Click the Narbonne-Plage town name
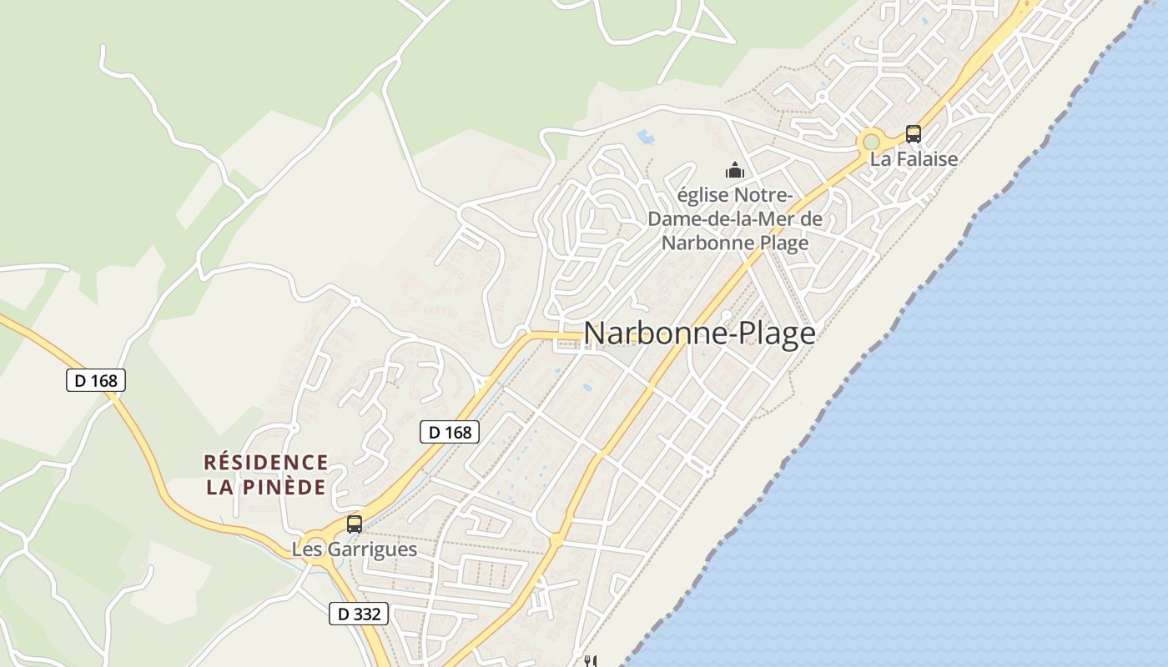click(699, 333)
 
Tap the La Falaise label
click(914, 158)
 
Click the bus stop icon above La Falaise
click(914, 133)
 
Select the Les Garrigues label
click(355, 549)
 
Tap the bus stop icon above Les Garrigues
click(355, 524)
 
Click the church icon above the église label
click(735, 171)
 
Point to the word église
click(703, 196)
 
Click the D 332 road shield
click(359, 614)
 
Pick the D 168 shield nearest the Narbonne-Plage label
click(449, 432)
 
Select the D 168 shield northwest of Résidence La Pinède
click(95, 381)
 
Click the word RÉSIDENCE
click(266, 462)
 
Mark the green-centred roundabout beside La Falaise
click(872, 142)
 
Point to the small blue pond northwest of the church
click(645, 134)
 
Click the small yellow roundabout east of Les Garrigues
click(556, 540)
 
